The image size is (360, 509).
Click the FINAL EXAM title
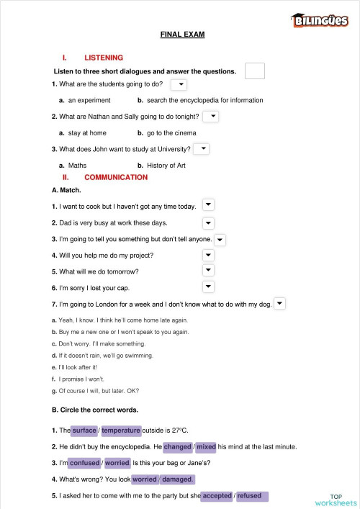click(182, 35)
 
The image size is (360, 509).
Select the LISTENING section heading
click(104, 58)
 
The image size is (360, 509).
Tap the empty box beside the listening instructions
click(255, 71)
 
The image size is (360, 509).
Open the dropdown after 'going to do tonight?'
click(211, 116)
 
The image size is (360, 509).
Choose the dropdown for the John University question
click(202, 148)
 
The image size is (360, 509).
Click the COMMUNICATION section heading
click(116, 177)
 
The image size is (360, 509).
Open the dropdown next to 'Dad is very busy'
click(208, 223)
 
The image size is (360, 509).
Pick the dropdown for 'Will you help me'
click(208, 255)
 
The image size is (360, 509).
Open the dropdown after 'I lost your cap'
click(208, 287)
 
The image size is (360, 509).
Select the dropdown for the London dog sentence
click(279, 304)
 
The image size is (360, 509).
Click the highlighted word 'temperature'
click(121, 431)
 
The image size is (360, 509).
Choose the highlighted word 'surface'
click(84, 431)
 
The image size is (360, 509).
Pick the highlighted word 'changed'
click(178, 446)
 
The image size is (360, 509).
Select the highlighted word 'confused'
click(84, 463)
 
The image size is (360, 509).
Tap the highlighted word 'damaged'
click(178, 479)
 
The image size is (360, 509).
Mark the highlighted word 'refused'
click(249, 496)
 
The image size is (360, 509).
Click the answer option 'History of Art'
click(166, 165)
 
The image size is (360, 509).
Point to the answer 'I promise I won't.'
click(81, 379)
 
